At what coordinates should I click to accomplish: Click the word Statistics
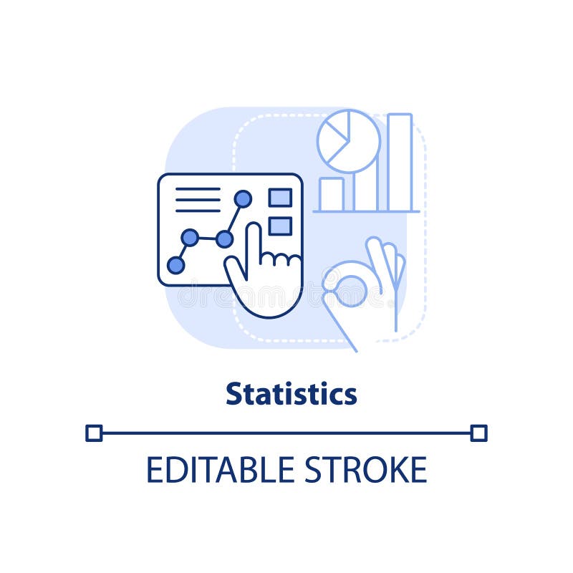tap(292, 394)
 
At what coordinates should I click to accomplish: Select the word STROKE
tap(365, 470)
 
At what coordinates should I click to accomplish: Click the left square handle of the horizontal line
tap(94, 433)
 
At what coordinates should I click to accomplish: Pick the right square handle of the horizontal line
tap(479, 433)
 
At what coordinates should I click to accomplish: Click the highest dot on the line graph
tap(243, 199)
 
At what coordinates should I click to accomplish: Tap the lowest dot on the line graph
tap(175, 266)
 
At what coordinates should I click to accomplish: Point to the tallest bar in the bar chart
tap(400, 162)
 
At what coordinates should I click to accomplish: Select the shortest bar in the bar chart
tap(331, 194)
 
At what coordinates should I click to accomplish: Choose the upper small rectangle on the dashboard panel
tap(280, 198)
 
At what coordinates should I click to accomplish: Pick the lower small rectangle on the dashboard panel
tap(280, 226)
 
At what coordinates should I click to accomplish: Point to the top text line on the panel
tap(198, 189)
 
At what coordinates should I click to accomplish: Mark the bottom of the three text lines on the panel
tap(198, 211)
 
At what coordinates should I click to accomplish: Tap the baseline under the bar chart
tap(366, 211)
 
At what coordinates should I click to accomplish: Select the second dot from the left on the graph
tap(190, 238)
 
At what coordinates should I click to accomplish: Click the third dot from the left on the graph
tap(224, 239)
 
